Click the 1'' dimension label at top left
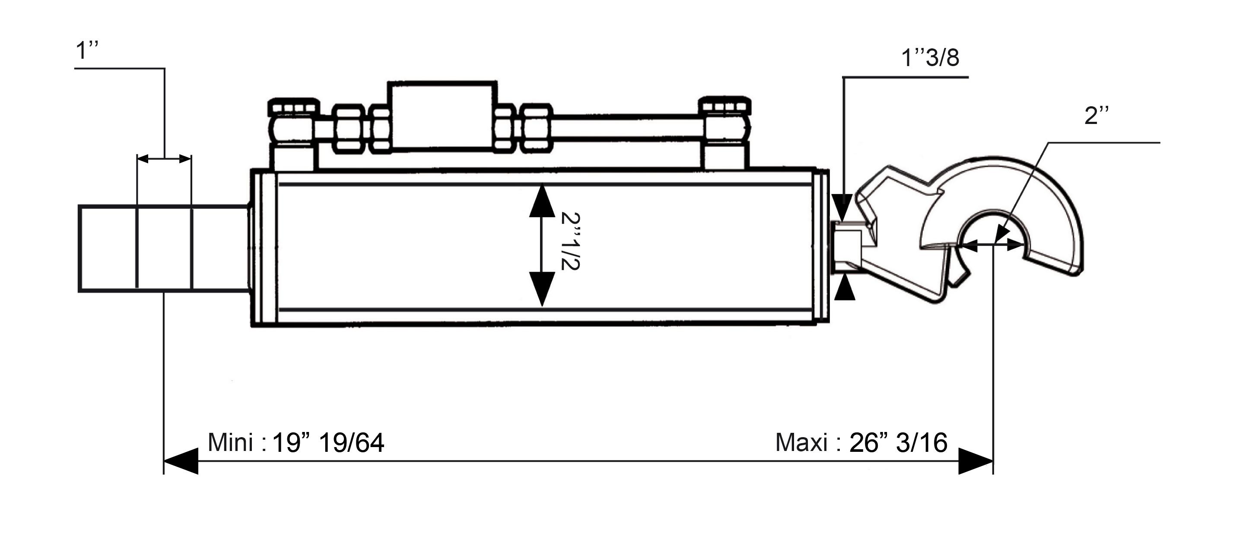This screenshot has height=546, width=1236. click(x=87, y=51)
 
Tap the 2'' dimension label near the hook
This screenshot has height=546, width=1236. click(x=1097, y=116)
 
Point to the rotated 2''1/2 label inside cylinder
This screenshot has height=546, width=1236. click(x=572, y=241)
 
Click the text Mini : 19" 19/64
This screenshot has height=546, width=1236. click(x=295, y=442)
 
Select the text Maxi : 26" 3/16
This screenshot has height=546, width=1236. click(x=861, y=442)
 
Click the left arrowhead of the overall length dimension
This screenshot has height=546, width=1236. click(x=181, y=461)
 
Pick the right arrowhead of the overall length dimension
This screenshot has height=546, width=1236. click(x=975, y=461)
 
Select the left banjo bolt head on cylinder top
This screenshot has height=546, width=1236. click(x=294, y=107)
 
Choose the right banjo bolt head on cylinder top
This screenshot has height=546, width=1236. click(x=724, y=105)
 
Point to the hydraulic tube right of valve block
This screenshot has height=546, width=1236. click(x=629, y=129)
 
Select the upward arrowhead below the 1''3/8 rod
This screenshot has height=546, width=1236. click(x=845, y=289)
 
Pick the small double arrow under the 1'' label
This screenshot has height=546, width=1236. click(x=164, y=159)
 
